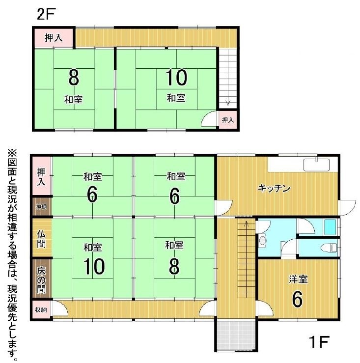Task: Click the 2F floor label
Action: click(x=46, y=14)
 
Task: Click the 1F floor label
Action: click(x=319, y=342)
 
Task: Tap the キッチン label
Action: click(x=274, y=188)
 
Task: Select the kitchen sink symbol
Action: click(x=316, y=165)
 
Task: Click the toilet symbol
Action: click(x=329, y=248)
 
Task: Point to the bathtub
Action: click(x=330, y=227)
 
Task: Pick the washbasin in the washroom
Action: click(x=263, y=240)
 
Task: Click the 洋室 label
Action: click(x=298, y=279)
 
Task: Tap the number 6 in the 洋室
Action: click(x=297, y=299)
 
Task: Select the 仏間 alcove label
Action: click(x=41, y=239)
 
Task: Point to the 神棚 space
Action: click(x=42, y=206)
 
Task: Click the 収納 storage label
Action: click(x=41, y=309)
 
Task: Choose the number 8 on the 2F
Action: click(x=74, y=78)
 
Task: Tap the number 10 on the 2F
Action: click(x=176, y=77)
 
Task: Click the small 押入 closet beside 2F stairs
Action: click(x=228, y=120)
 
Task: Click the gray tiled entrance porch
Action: click(x=236, y=335)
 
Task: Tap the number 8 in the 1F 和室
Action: click(x=174, y=266)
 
